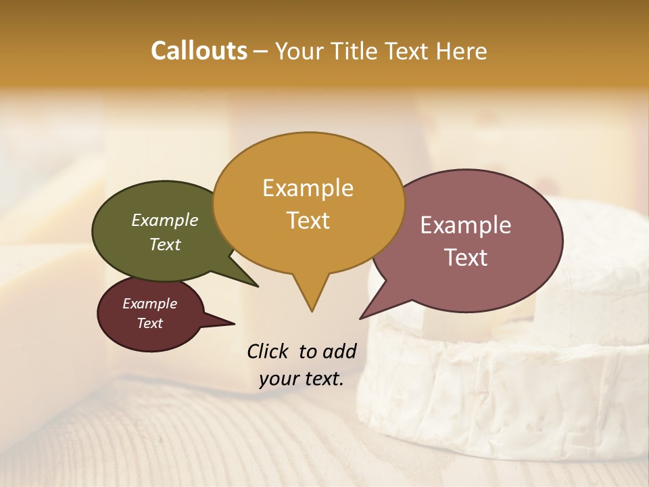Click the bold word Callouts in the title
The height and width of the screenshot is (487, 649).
199,51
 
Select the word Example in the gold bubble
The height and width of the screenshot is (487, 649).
308,188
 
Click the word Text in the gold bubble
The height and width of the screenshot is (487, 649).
308,221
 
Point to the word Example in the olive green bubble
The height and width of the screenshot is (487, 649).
164,220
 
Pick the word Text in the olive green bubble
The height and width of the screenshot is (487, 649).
164,244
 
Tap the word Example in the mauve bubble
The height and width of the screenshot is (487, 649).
465,225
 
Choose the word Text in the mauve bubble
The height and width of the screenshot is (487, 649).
465,258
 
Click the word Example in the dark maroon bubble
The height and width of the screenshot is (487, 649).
149,304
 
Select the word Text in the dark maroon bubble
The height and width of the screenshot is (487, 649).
149,323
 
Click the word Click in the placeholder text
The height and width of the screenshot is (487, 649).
269,351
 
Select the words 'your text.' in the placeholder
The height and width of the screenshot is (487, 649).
301,379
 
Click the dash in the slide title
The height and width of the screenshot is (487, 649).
261,51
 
